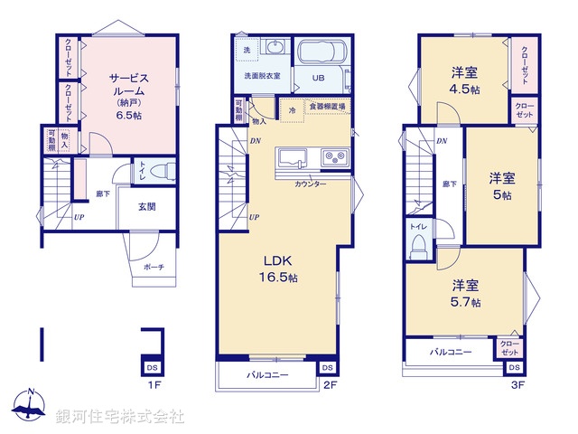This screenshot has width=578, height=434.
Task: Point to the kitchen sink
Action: pos(294,157)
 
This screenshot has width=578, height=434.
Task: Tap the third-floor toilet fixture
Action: pos(418,242)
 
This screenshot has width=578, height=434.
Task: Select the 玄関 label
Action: pos(146,206)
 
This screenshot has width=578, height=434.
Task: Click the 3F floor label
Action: pos(517,385)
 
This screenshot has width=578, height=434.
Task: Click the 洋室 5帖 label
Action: pos(501,185)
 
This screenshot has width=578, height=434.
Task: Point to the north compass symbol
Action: pos(30,407)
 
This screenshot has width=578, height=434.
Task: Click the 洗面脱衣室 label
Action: pos(263,76)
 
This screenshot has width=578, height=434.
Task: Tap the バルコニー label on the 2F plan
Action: pos(269,373)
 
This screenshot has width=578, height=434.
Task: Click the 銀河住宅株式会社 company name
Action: pos(120,416)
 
